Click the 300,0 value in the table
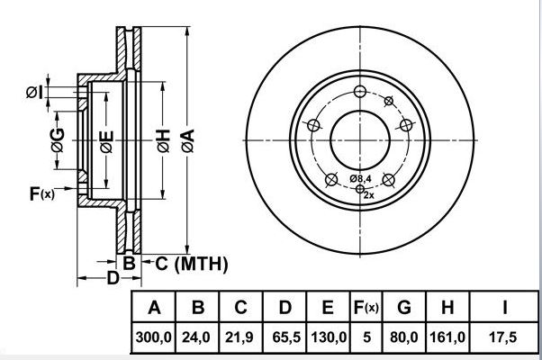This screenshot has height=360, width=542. coord(154,337)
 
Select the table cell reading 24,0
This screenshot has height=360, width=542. coord(196,337)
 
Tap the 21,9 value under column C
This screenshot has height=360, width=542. coord(239,337)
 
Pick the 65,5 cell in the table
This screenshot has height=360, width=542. coord(286,337)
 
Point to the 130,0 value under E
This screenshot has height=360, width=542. coord(329,337)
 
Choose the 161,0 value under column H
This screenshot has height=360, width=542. coord(447,337)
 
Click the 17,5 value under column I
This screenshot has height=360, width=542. coord(503,337)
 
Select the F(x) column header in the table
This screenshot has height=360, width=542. coord(366,307)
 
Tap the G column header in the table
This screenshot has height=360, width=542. coord(404,307)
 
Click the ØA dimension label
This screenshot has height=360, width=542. coord(188,141)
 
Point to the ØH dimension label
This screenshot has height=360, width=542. coord(164,141)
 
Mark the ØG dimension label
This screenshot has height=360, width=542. coord(58,140)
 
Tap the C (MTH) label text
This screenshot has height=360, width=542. coord(192,264)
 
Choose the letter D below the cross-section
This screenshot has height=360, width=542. coord(113,278)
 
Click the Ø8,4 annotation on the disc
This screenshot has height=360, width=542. coord(360,178)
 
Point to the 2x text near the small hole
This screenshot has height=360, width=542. coord(369,195)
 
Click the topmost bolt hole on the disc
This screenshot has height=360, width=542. coord(360,92)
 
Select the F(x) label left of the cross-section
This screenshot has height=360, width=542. coord(41,193)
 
